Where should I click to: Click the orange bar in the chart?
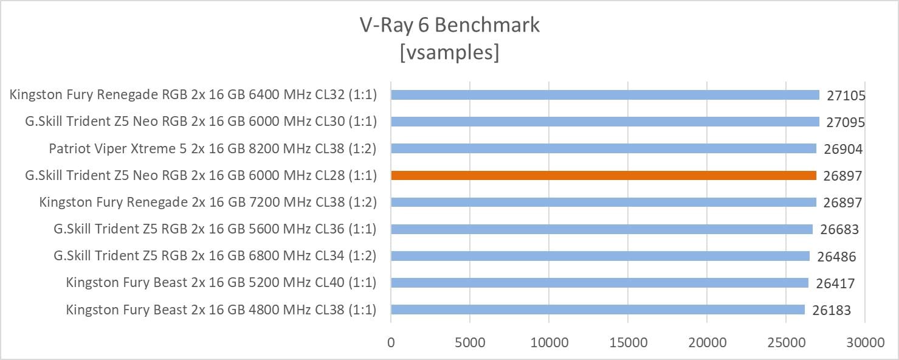coord(604,176)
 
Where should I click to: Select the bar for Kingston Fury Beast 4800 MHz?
coord(598,310)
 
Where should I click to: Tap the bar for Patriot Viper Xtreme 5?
coord(604,149)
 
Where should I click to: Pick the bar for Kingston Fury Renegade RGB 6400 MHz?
coord(605,95)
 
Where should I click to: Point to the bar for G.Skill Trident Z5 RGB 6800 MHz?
coord(600,256)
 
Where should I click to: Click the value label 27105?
coord(846,95)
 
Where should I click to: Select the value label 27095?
coord(846,122)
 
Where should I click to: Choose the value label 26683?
coord(839,230)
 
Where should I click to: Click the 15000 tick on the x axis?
coord(629,342)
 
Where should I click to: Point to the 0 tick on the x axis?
coord(391,342)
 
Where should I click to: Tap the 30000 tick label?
coord(866,342)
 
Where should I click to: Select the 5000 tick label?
coord(470,342)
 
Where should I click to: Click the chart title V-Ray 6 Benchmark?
coord(449,25)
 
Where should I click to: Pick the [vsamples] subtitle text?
coord(449,52)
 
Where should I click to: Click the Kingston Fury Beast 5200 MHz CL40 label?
coord(221,283)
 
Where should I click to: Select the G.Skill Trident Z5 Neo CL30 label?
coord(201,122)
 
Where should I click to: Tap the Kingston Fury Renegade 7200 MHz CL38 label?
coord(208,202)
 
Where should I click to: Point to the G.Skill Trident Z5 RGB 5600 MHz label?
coord(215,229)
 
